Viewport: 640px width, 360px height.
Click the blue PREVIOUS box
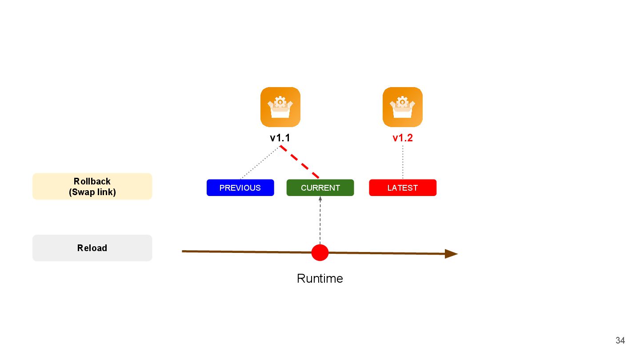click(x=240, y=188)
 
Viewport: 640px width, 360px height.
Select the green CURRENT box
click(x=320, y=188)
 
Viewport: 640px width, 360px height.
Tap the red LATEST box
click(x=403, y=188)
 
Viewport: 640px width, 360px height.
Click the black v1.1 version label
click(x=280, y=138)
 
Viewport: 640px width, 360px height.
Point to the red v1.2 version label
click(x=403, y=138)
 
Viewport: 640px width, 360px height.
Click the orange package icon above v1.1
click(x=280, y=107)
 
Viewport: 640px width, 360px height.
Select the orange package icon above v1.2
click(x=403, y=107)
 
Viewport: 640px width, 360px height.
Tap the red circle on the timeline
click(x=320, y=252)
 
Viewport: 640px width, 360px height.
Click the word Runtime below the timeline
click(x=320, y=279)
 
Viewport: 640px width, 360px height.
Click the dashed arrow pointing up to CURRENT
click(x=320, y=220)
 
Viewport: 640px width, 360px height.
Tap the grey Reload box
click(x=92, y=248)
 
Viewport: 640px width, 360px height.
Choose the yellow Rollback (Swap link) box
click(x=92, y=186)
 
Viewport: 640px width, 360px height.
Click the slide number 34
click(x=620, y=341)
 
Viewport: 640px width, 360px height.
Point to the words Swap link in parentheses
click(x=92, y=192)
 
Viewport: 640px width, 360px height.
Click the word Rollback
click(x=92, y=181)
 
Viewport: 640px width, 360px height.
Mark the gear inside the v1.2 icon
click(x=402, y=102)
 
